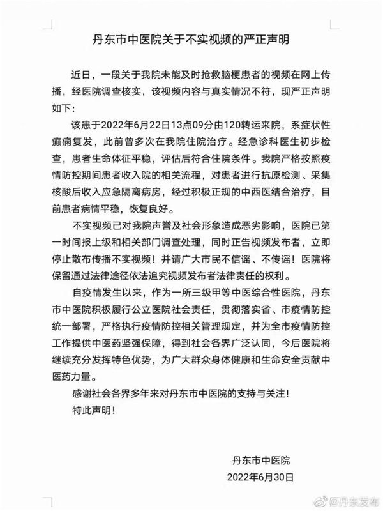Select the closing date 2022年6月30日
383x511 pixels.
[x=260, y=477]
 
